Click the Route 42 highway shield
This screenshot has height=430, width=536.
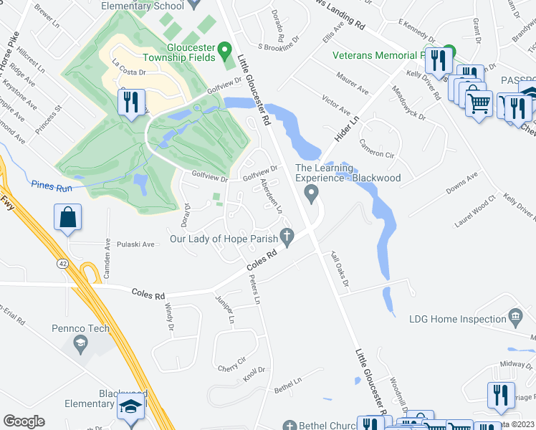(x=63, y=264)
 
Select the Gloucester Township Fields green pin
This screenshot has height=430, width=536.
(x=224, y=52)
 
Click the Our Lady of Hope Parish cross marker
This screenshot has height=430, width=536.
(x=287, y=235)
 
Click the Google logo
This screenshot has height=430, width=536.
(x=24, y=421)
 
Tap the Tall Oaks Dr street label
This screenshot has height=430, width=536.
(x=339, y=269)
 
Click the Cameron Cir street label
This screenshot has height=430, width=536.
(x=377, y=148)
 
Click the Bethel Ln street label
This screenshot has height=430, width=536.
(x=289, y=386)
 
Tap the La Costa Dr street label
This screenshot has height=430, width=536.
(x=128, y=72)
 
